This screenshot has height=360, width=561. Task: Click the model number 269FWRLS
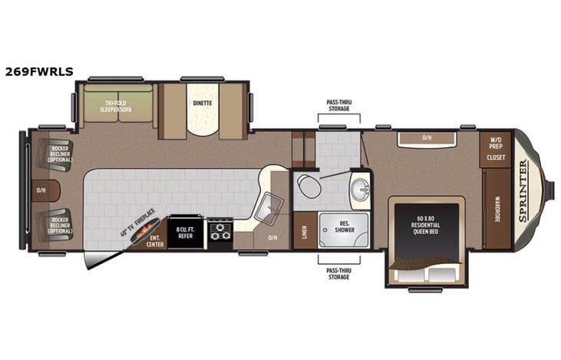click(39, 71)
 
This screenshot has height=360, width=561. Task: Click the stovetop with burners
click(220, 231)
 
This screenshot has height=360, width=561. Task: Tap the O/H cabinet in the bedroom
click(427, 139)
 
